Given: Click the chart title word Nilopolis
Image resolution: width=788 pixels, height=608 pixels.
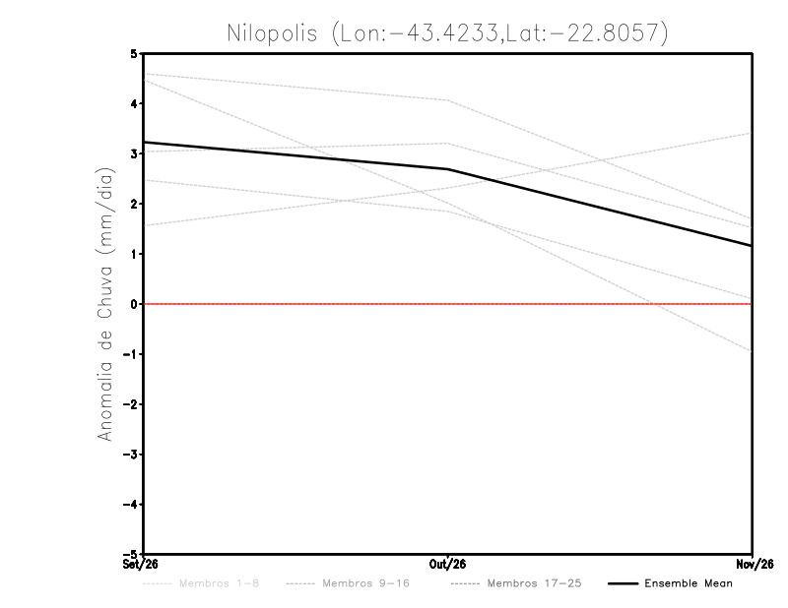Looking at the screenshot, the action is [272, 33].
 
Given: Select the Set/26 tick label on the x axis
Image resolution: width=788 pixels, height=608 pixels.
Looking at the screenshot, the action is [140, 565].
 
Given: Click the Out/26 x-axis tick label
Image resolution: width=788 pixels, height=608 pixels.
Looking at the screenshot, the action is [447, 565].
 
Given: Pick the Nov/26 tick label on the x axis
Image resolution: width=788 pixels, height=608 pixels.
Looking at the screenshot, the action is [755, 565].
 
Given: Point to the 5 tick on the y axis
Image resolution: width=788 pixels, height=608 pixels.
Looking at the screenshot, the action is [134, 53].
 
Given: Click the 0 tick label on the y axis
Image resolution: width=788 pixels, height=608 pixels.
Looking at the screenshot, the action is [134, 304].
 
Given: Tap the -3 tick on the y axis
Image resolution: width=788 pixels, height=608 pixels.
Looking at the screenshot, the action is [130, 455].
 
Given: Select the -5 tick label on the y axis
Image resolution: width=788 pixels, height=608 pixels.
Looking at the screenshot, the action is [130, 554].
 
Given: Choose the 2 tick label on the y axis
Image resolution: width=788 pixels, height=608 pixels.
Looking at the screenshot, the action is [134, 204].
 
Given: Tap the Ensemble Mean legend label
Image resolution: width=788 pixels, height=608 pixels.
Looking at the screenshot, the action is [688, 583].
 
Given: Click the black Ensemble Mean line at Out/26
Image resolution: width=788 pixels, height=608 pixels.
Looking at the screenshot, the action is [447, 169].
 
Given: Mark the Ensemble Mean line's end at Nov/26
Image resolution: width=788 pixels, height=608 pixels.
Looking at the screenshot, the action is [752, 246].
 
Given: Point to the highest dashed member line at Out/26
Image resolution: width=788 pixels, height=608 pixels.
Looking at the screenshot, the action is [447, 100].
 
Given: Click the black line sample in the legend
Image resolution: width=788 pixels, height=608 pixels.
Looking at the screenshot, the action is [623, 583].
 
